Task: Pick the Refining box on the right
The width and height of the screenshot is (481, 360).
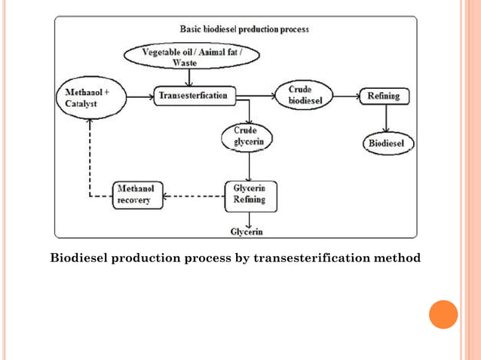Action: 384,96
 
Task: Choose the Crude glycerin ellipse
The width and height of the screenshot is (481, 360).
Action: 247,136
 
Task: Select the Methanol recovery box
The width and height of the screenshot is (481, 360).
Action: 138,194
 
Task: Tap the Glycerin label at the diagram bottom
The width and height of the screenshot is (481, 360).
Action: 247,231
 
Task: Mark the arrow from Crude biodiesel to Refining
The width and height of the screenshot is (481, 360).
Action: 346,96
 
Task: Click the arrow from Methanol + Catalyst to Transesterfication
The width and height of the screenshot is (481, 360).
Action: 139,96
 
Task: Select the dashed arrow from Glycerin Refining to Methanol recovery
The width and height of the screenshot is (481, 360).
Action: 195,197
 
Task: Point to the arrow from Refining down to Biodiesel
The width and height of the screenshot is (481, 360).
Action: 386,118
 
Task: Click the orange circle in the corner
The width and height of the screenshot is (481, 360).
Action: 443,314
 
